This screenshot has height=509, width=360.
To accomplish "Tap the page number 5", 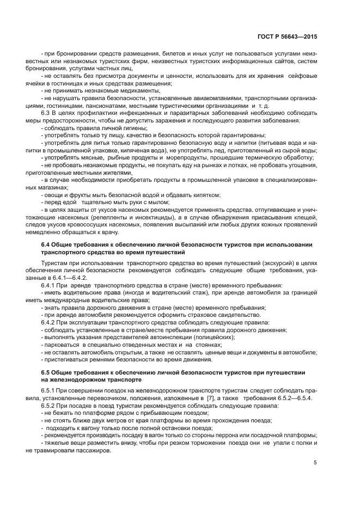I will coord(315,463).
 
